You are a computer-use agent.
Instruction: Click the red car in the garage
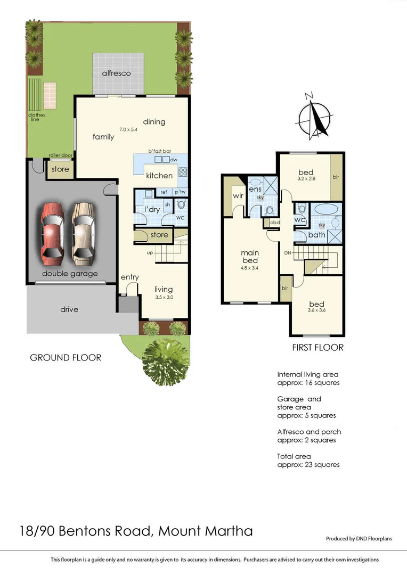pos(52,233)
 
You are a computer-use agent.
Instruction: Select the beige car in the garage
pos(83,233)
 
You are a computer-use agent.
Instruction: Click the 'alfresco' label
pos(117,73)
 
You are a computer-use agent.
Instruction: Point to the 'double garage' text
pos(70,274)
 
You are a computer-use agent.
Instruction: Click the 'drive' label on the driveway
pos(69,309)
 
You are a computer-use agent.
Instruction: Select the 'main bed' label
pos(250,257)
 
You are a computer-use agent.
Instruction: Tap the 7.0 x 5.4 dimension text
pos(128,129)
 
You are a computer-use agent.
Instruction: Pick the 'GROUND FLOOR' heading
pos(66,358)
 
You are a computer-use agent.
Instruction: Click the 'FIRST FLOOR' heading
pos(318,348)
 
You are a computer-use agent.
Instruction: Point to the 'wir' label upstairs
pos(238,196)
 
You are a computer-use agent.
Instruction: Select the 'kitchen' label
pos(159,175)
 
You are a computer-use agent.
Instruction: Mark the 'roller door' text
pos(60,155)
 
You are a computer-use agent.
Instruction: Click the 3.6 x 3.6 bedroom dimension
pos(316,310)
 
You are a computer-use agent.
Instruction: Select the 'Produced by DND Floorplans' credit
pos(359,539)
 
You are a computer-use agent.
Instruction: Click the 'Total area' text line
pos(294,456)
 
